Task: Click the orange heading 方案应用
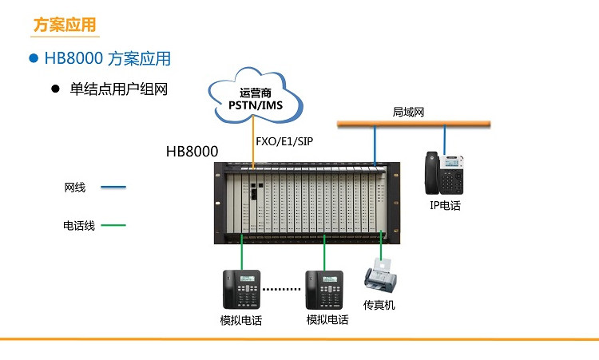point(65,25)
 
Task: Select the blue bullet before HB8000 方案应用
point(34,58)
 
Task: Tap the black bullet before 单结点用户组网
point(55,89)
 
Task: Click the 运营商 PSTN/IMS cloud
point(256,97)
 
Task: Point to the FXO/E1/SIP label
point(284,141)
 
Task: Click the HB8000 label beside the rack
point(192,152)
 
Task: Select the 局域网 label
point(408,112)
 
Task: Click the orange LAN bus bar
point(414,123)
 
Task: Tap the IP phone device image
point(444,173)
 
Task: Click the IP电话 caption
point(445,205)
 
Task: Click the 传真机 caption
point(379,305)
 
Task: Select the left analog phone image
point(241,290)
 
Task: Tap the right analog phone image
point(324,290)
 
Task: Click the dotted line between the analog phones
point(282,289)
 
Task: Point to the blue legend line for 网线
point(113,187)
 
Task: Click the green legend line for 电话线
point(113,225)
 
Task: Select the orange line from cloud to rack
point(253,142)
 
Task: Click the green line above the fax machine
point(381,245)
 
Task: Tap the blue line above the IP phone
point(444,140)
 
